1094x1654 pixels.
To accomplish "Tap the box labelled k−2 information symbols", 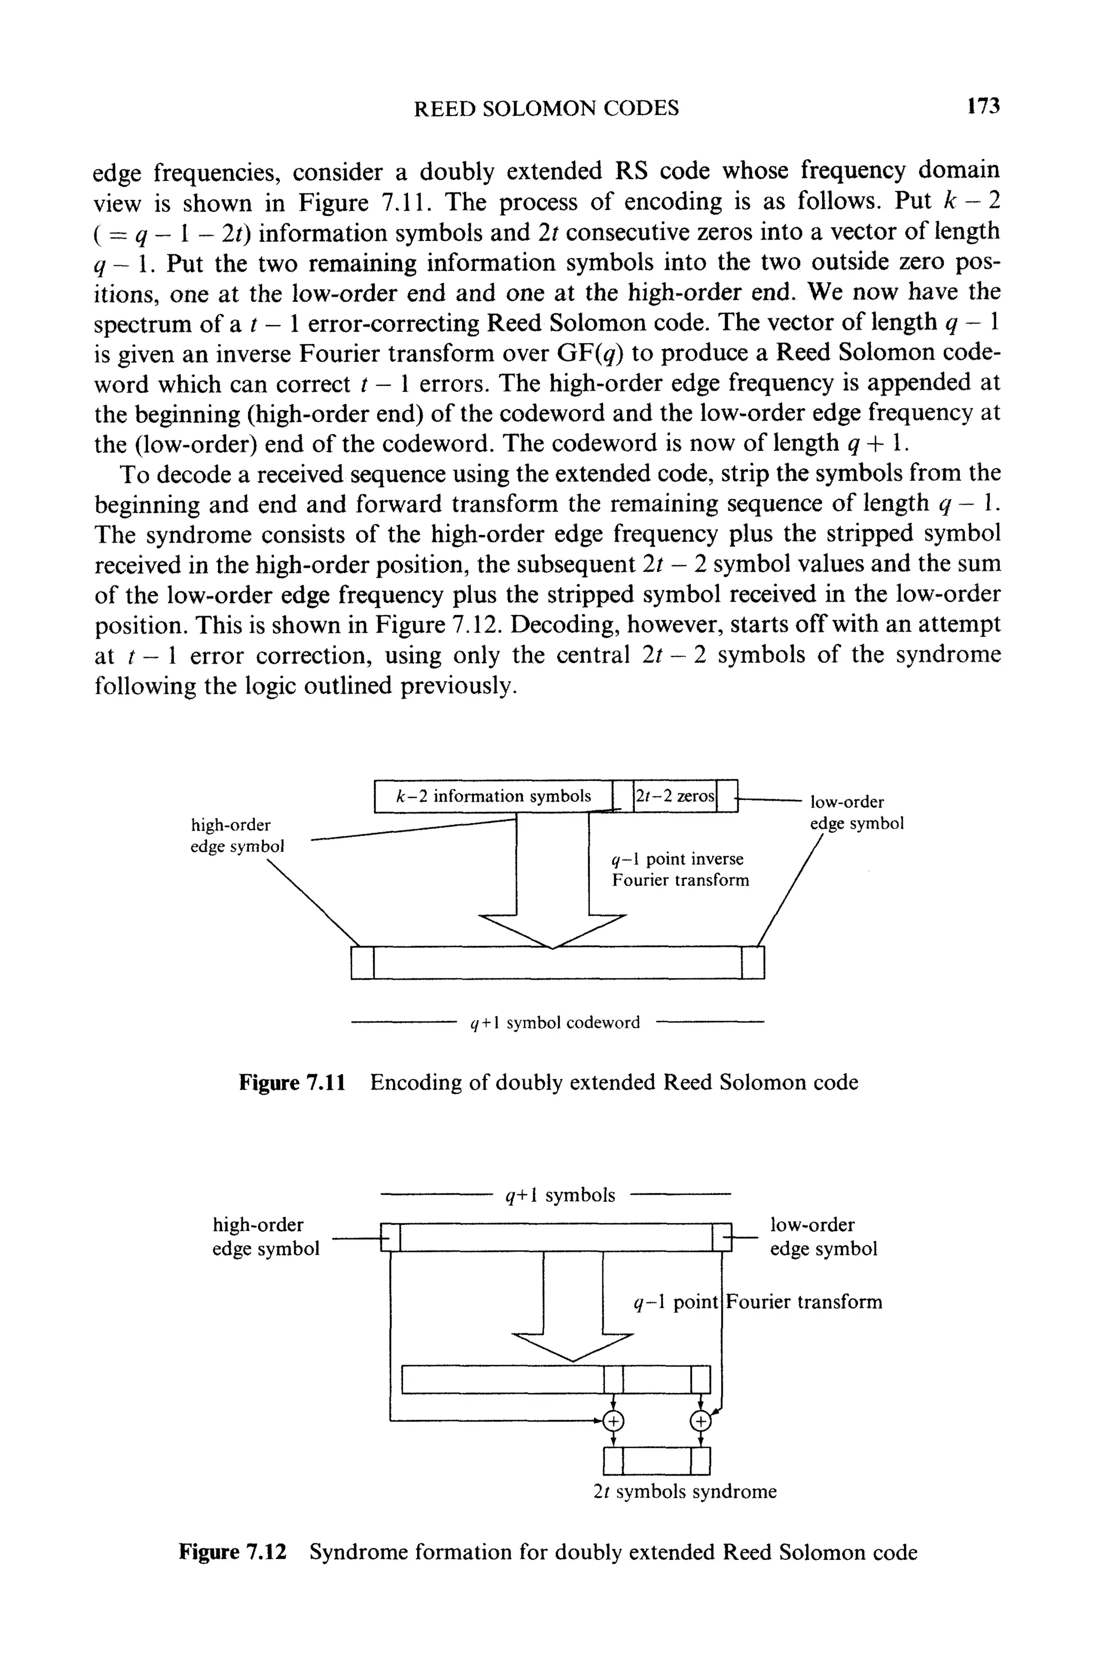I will click(x=493, y=796).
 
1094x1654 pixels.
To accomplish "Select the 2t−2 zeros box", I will click(x=675, y=796).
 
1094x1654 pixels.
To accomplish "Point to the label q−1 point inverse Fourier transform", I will click(x=679, y=869).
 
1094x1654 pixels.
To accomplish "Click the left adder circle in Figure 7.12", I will click(x=613, y=1420).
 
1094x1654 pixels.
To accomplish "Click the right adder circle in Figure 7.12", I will click(x=700, y=1420).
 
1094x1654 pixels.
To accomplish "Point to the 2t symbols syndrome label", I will click(x=684, y=1492).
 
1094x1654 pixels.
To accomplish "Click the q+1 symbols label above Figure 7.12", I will click(x=560, y=1195).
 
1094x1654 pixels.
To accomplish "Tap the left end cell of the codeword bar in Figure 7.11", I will click(x=363, y=962).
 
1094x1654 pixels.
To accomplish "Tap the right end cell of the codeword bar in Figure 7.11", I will click(x=753, y=962).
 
